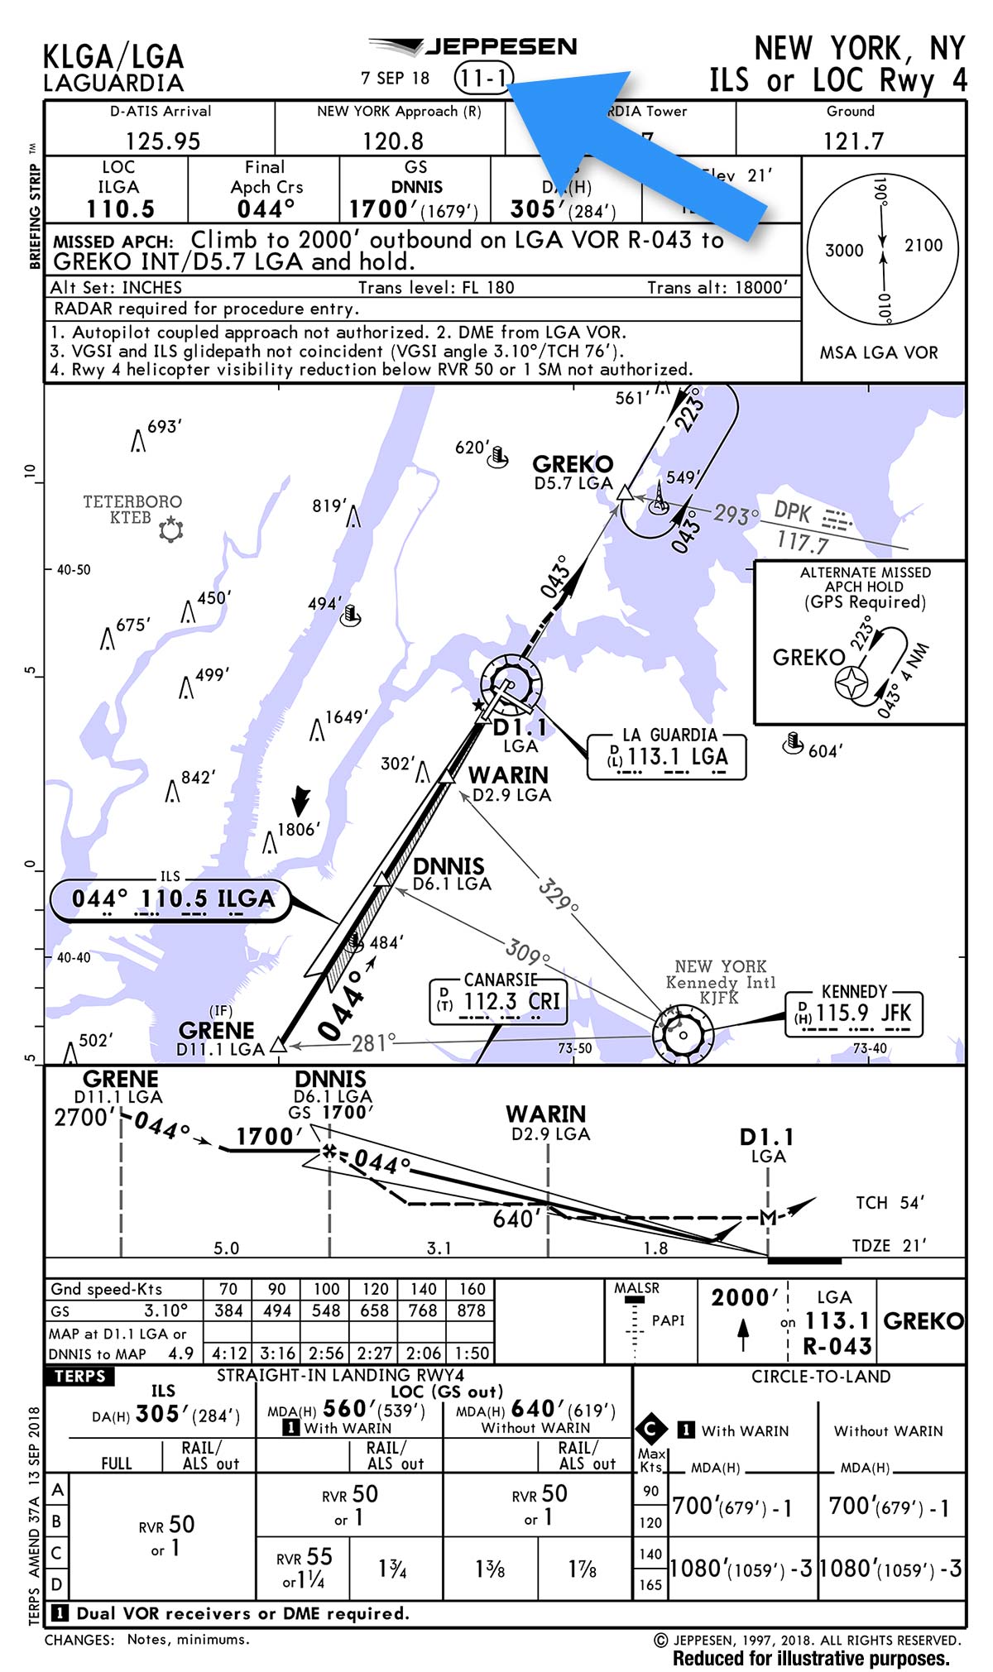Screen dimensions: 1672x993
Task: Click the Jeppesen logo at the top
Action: click(x=473, y=46)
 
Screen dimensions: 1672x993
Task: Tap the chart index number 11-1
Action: click(x=483, y=79)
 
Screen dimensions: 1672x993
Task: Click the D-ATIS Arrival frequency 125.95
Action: click(x=162, y=141)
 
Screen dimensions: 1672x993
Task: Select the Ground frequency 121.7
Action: click(x=852, y=141)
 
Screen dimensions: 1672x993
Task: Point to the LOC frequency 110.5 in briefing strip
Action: click(x=120, y=208)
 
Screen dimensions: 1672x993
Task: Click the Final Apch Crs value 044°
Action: click(x=265, y=208)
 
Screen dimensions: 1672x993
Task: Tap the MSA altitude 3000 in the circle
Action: click(x=844, y=250)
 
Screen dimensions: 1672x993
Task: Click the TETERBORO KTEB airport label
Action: click(x=132, y=510)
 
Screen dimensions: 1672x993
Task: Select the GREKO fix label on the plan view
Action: click(x=573, y=464)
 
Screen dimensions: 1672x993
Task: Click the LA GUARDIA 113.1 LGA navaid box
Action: click(x=667, y=755)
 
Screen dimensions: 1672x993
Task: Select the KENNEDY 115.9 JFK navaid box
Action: click(x=853, y=1012)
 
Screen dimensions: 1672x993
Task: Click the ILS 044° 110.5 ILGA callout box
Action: click(x=172, y=899)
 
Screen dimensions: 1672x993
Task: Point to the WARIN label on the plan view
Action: click(x=508, y=775)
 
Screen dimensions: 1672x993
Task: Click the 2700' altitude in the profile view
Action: click(x=84, y=1118)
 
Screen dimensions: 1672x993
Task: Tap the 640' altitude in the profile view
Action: click(x=516, y=1219)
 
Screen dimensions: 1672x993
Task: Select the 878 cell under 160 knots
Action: click(x=471, y=1310)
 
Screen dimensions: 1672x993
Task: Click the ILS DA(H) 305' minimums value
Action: click(x=158, y=1414)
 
